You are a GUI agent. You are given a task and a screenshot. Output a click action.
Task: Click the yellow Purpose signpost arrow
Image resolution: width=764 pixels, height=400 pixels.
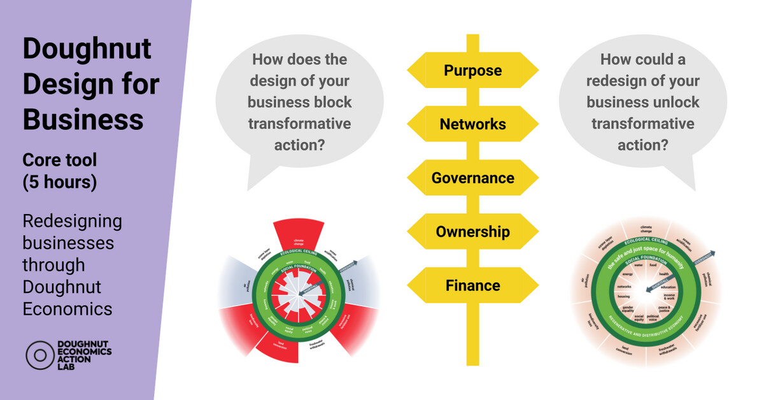coord(472,70)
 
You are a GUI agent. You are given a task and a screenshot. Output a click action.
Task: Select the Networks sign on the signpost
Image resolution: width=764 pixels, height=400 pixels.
coord(472,124)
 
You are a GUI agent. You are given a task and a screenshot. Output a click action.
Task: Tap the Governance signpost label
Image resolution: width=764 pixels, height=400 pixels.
coord(472,178)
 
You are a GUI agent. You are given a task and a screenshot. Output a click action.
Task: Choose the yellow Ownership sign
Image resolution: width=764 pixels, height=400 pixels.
coord(472,232)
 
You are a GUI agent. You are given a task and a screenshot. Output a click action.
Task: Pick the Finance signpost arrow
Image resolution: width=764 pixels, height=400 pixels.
coord(472,285)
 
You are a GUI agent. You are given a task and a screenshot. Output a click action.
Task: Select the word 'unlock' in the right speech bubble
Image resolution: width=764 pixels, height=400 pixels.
coord(670,103)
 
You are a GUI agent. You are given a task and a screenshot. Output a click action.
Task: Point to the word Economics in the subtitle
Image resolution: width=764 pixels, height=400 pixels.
coord(67,309)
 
